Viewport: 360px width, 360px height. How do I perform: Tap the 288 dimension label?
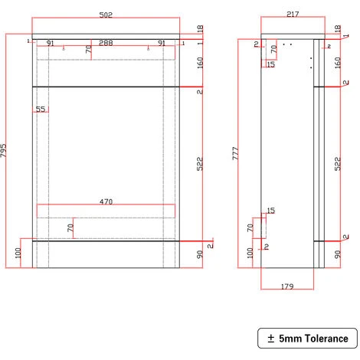coord(106,44)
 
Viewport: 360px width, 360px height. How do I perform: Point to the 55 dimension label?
coord(41,110)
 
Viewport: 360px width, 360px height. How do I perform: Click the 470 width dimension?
coord(106,202)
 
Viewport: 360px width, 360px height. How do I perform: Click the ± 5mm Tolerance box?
coord(306,338)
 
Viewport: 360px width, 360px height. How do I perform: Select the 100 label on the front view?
coord(18,254)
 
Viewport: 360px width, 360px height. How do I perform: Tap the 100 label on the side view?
coord(250,254)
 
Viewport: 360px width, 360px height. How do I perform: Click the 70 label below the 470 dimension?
coord(69,227)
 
